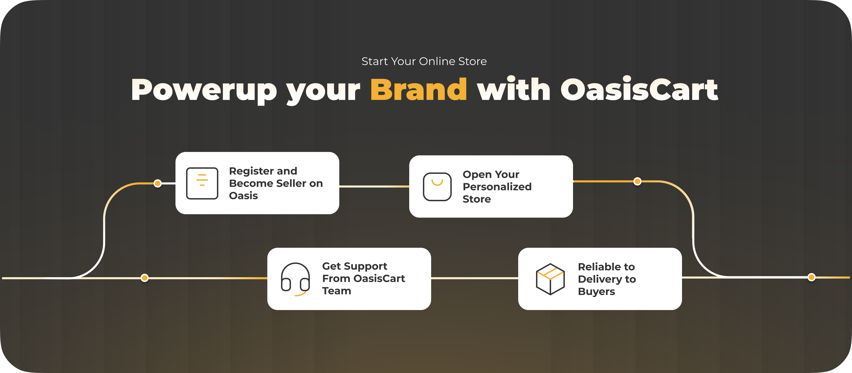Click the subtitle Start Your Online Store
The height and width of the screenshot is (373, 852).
pyautogui.click(x=424, y=61)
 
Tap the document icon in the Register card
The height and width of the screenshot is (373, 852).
pyautogui.click(x=202, y=183)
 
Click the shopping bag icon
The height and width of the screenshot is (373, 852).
pyautogui.click(x=437, y=187)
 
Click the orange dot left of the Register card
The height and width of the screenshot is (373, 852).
pyautogui.click(x=158, y=183)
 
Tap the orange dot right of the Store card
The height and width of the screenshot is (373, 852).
pyautogui.click(x=637, y=181)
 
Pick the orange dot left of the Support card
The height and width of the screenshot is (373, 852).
pyautogui.click(x=145, y=278)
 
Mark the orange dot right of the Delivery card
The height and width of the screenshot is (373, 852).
pyautogui.click(x=811, y=277)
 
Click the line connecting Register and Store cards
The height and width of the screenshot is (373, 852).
pyautogui.click(x=374, y=187)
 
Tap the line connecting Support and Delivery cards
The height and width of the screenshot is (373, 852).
pyautogui.click(x=475, y=278)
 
